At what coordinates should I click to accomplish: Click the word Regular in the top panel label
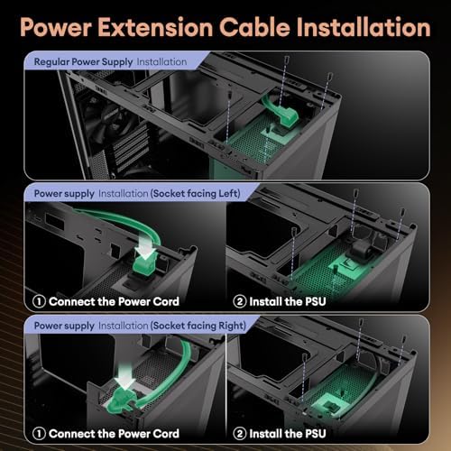(53, 62)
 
